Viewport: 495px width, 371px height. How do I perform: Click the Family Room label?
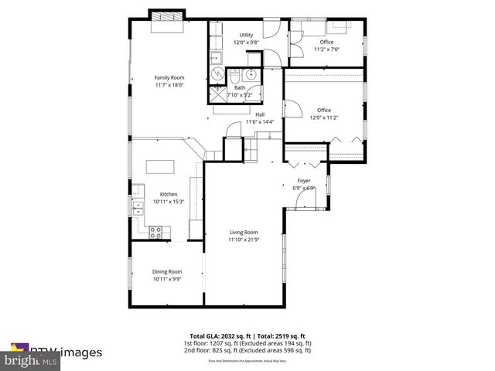point(169,77)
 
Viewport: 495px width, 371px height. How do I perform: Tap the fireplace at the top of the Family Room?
point(167,17)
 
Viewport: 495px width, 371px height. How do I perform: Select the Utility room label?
point(246,35)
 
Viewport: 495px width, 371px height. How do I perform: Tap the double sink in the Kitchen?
point(137,207)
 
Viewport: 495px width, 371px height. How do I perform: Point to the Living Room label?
point(243,233)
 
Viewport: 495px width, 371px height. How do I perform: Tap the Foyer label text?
point(304,182)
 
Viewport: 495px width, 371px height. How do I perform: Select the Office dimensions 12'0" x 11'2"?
point(323,118)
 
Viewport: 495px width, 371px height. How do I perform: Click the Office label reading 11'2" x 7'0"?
point(326,49)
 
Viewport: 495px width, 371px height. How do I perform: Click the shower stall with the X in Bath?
point(216,94)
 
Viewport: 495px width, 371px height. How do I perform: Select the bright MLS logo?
point(30,361)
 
